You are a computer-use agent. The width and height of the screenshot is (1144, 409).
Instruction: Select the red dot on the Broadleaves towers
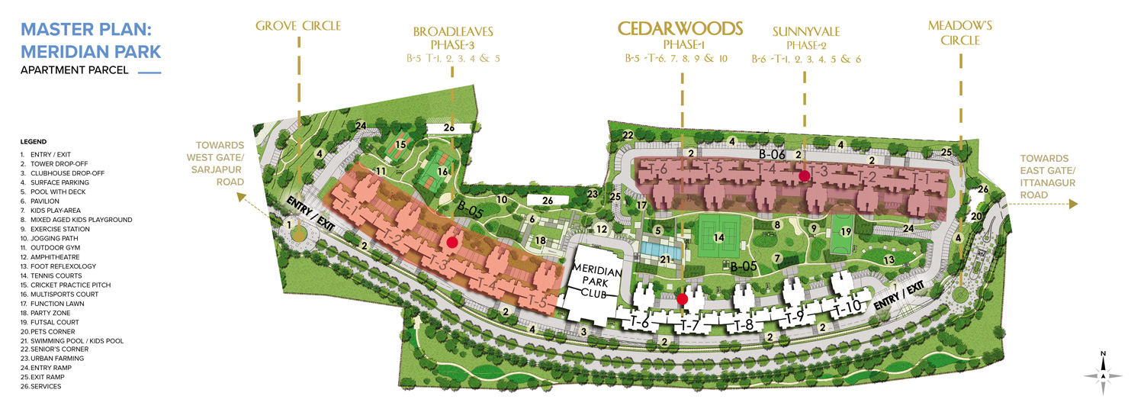coord(452,243)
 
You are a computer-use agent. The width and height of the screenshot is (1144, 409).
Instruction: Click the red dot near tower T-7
coord(683,299)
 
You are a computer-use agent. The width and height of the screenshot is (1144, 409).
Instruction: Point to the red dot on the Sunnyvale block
coord(804,176)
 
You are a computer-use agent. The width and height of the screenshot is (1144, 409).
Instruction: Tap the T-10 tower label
coord(847,309)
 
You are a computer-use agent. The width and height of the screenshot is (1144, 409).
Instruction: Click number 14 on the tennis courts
coord(718,237)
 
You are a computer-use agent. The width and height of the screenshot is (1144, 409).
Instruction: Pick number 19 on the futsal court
coord(845,231)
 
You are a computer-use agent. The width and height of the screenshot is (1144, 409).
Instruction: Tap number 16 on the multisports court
coord(442,172)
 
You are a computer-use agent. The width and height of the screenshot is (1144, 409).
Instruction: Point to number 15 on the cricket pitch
coord(400,143)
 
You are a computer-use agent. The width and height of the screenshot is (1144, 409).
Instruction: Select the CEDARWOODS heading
coord(680,29)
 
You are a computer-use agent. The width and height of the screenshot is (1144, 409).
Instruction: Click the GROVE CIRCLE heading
coord(298,27)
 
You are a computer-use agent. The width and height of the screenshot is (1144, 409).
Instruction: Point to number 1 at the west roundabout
coord(289,224)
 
